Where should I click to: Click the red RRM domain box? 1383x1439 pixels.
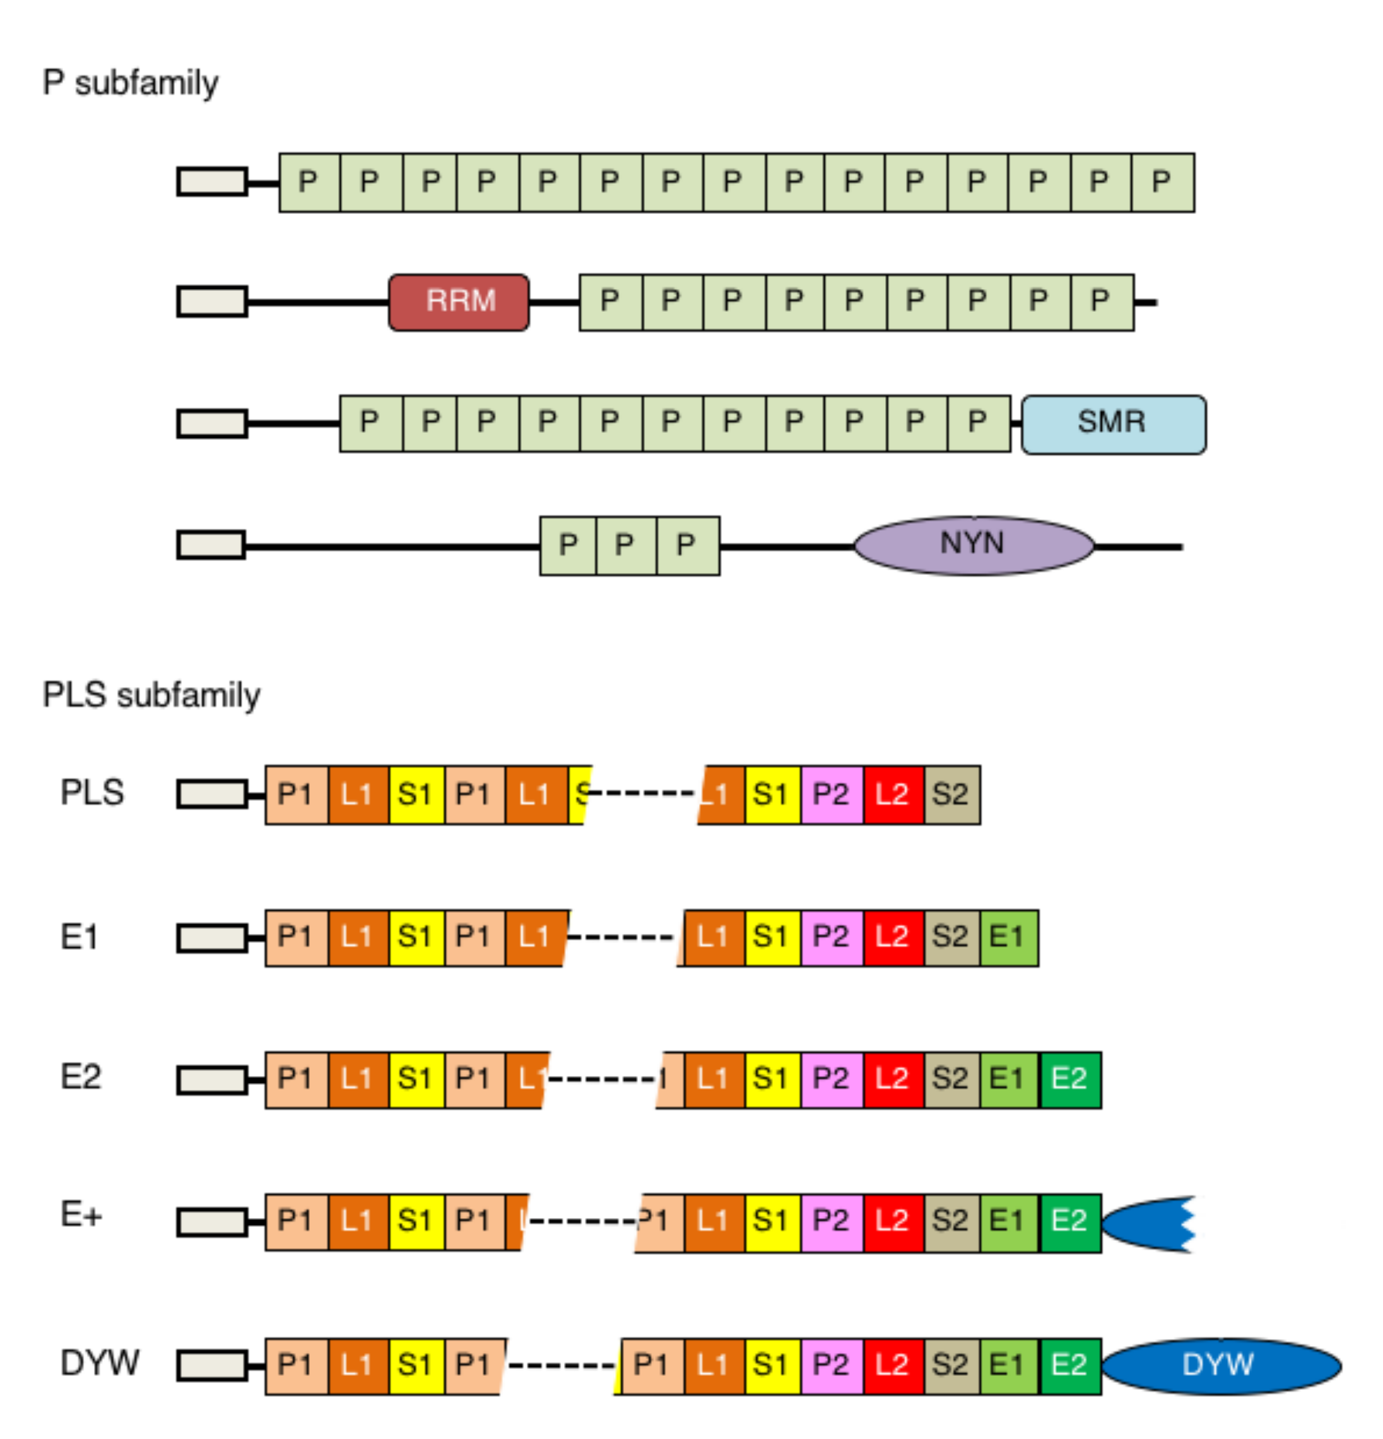458,302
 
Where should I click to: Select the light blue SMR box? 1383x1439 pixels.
1113,424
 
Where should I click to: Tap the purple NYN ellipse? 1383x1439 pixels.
974,545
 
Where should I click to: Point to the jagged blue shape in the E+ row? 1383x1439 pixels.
1149,1223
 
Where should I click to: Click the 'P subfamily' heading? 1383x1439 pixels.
131,83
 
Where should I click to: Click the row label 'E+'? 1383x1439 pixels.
81,1215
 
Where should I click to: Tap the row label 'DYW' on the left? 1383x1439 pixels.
100,1363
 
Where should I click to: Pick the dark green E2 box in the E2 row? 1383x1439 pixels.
1069,1079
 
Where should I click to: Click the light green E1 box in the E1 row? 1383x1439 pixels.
1009,937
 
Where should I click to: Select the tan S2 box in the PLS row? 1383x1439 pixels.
951,795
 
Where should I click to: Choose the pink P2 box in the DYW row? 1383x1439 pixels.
832,1366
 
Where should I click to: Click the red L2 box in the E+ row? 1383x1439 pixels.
893,1223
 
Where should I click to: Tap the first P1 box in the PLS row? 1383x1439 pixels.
297,795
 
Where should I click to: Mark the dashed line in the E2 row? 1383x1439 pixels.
602,1079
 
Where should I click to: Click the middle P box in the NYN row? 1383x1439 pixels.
625,545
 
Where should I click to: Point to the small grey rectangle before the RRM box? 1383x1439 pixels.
212,302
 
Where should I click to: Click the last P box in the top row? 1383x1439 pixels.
1162,182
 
